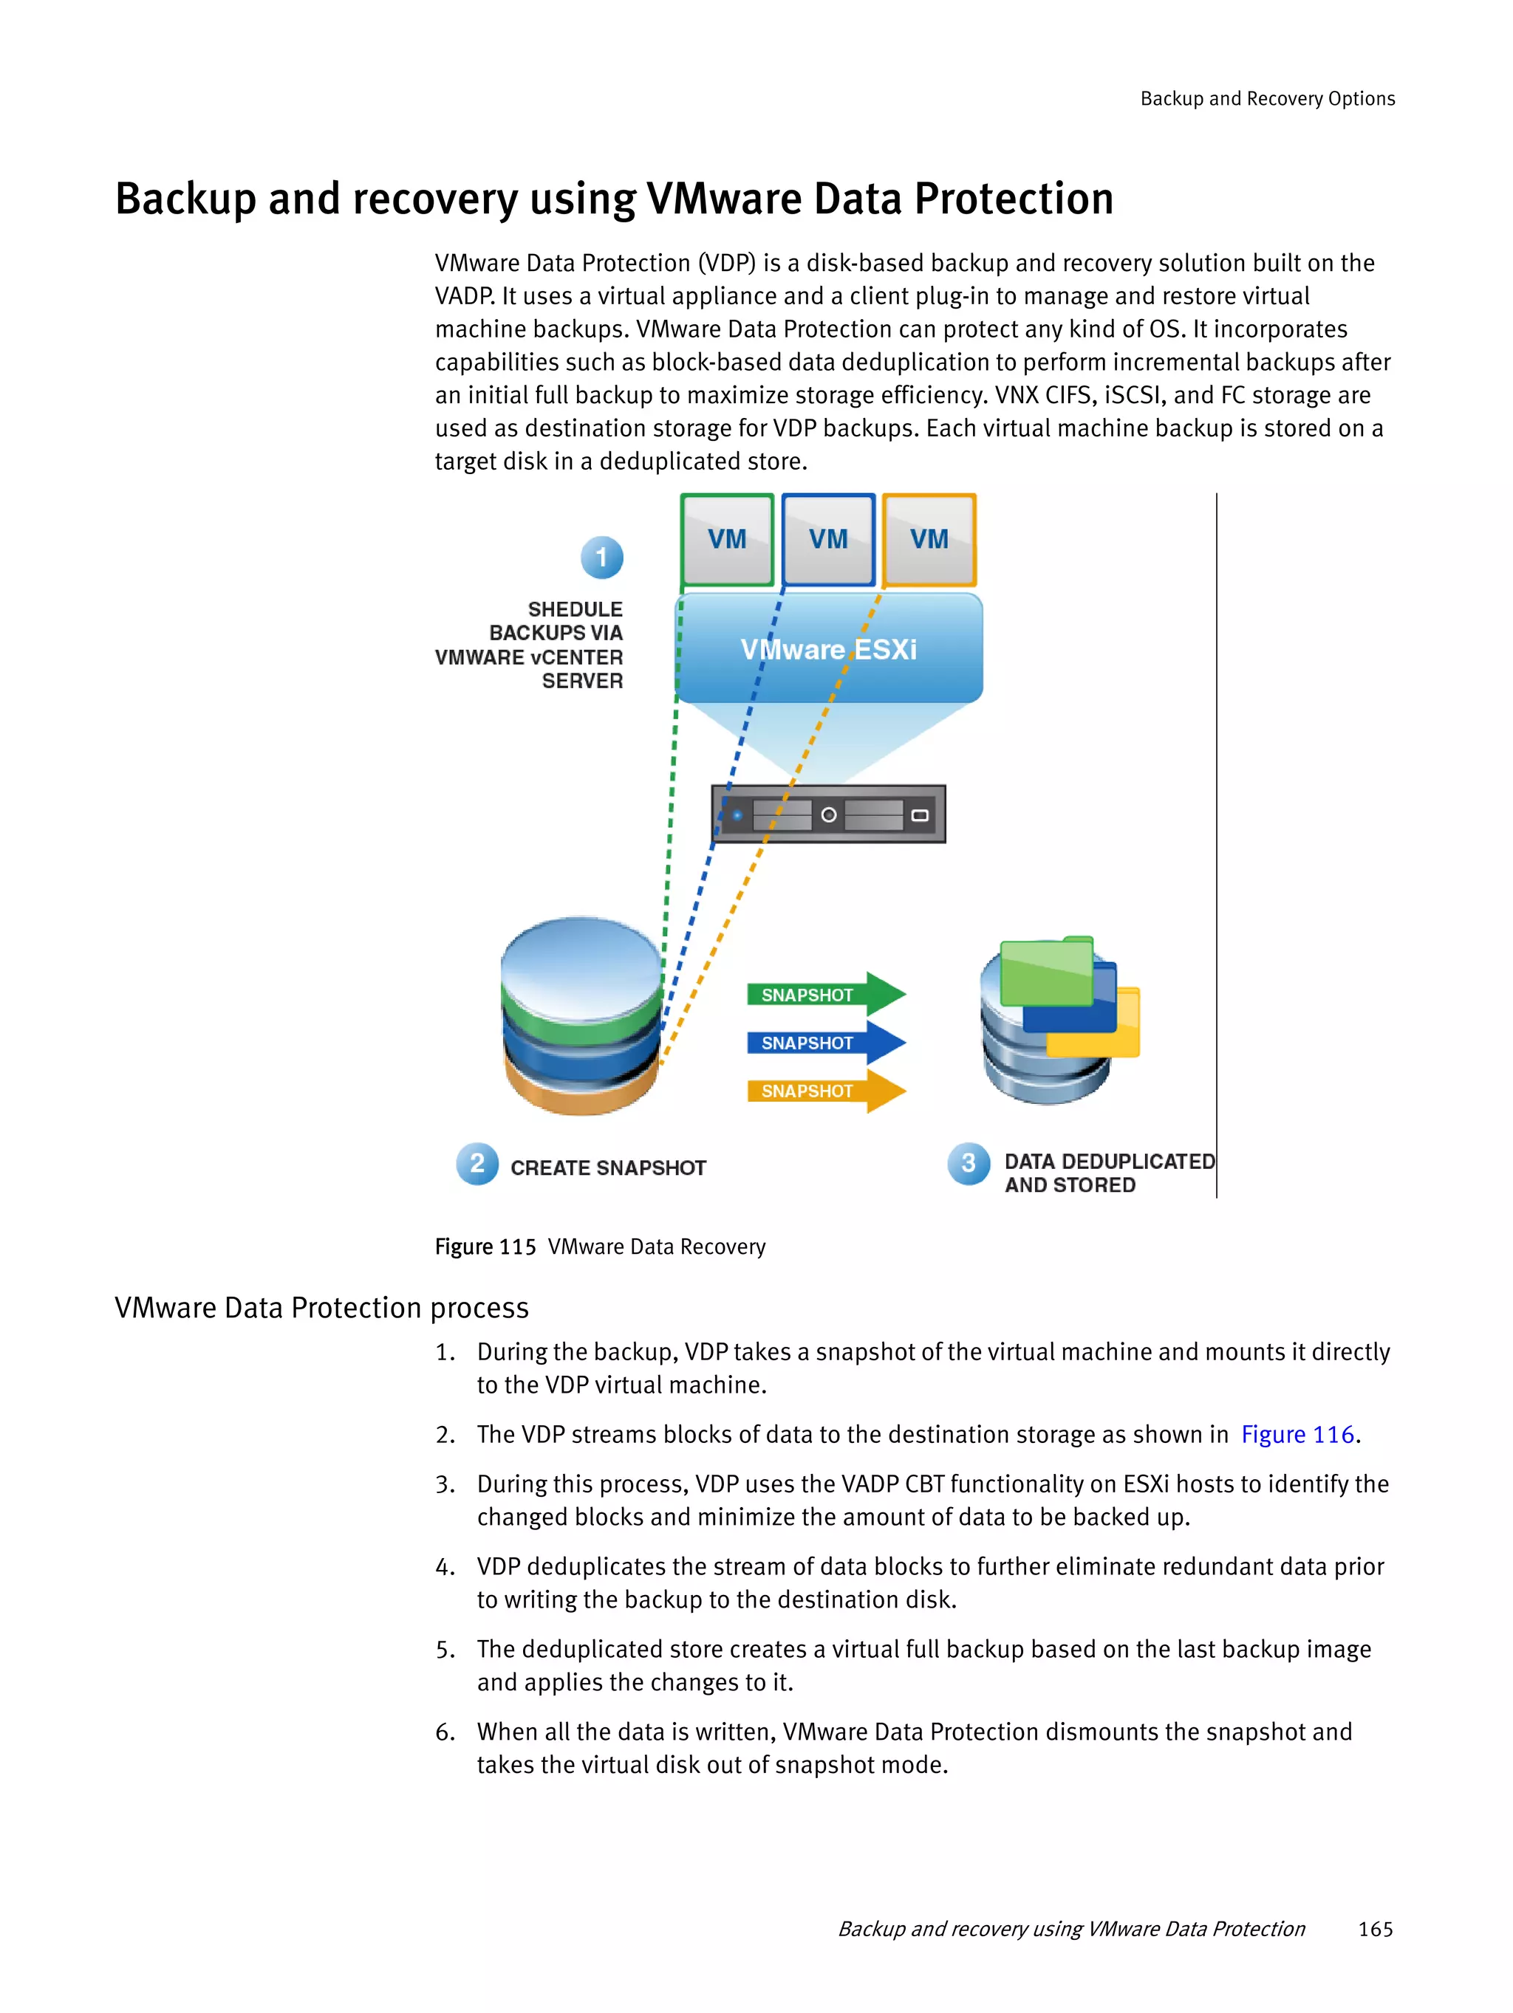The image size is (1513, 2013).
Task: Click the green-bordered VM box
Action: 726,540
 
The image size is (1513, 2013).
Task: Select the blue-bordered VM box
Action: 827,540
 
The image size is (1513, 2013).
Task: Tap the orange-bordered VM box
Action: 929,540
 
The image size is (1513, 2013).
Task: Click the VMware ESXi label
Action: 827,650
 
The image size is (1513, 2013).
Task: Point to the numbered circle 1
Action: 602,557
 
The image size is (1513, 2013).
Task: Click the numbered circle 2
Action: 477,1163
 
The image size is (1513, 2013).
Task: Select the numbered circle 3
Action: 968,1163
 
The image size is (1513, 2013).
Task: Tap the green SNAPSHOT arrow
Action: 824,994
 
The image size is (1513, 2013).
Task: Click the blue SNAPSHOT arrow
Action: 824,1042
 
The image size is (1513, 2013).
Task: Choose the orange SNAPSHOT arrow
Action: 824,1090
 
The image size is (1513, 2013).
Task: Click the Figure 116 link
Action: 1297,1434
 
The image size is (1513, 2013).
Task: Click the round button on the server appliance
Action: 828,815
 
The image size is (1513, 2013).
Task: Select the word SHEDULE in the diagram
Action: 576,608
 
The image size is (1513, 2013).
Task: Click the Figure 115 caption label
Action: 485,1246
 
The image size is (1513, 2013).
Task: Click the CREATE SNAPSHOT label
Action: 608,1167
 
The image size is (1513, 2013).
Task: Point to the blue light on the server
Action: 737,815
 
